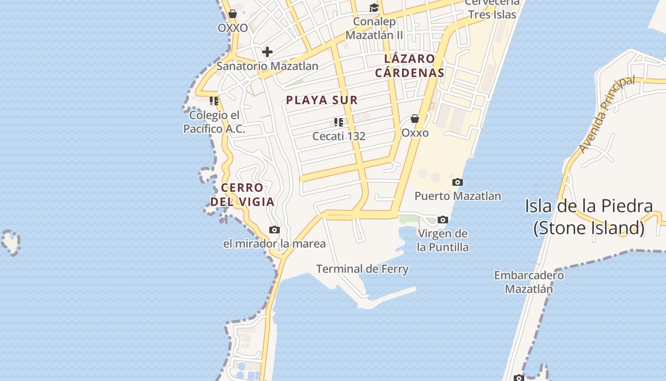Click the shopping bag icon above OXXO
(x=233, y=14)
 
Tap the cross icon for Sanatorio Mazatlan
(x=267, y=51)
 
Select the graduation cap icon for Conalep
(x=374, y=8)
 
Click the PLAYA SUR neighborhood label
(x=322, y=100)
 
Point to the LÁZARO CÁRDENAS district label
(x=410, y=66)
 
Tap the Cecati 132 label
(x=339, y=136)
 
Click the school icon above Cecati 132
(x=339, y=122)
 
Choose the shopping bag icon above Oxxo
(x=415, y=119)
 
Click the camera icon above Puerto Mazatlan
(x=457, y=182)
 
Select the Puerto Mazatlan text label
(x=458, y=196)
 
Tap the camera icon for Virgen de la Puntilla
(x=443, y=220)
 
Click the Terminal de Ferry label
(x=362, y=269)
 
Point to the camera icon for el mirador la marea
(x=274, y=230)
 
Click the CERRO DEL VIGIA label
(x=243, y=194)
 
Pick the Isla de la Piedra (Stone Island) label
(x=589, y=217)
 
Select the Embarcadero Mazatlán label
(x=529, y=282)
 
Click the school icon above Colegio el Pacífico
(x=214, y=101)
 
